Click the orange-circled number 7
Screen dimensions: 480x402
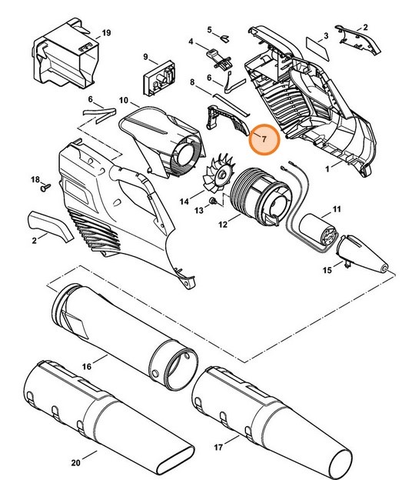click(x=264, y=139)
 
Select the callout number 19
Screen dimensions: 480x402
click(x=106, y=33)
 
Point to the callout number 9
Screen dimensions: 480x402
click(x=145, y=56)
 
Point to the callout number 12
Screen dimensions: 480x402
click(x=223, y=225)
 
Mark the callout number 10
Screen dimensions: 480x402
click(x=123, y=100)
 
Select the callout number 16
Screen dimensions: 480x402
click(x=86, y=367)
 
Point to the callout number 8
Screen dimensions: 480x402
click(x=191, y=82)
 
